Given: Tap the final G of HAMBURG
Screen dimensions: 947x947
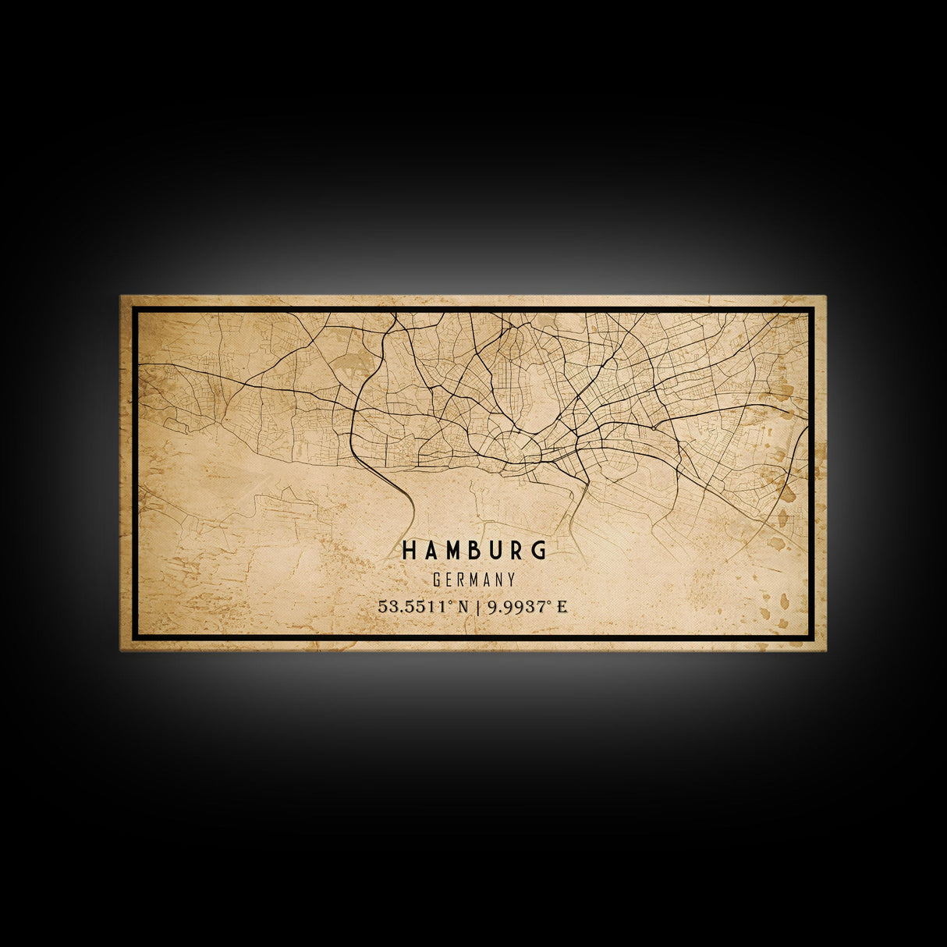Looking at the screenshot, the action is tap(539, 551).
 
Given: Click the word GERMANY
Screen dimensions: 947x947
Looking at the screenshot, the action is tap(473, 580).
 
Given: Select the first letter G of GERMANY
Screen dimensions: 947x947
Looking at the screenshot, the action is tap(437, 580).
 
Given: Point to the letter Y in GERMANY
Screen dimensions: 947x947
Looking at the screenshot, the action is tap(511, 580).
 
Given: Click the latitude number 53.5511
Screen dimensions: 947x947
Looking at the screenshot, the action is tap(411, 606).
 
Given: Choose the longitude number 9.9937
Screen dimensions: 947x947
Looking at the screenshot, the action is tap(515, 606).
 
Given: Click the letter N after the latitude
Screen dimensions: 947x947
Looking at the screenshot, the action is tap(463, 606).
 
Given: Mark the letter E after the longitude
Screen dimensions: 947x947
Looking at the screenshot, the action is tap(562, 606).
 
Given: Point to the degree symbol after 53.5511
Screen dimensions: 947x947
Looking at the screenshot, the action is tap(451, 602).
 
